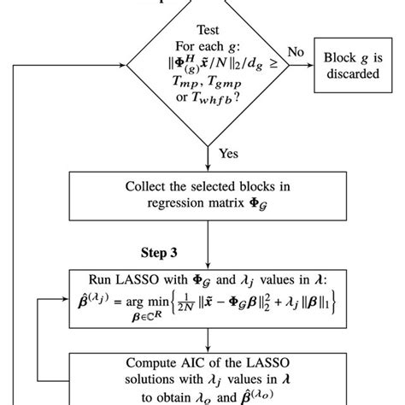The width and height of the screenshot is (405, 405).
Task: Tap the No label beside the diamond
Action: (296, 52)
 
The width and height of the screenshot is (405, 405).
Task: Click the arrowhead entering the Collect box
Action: (207, 171)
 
